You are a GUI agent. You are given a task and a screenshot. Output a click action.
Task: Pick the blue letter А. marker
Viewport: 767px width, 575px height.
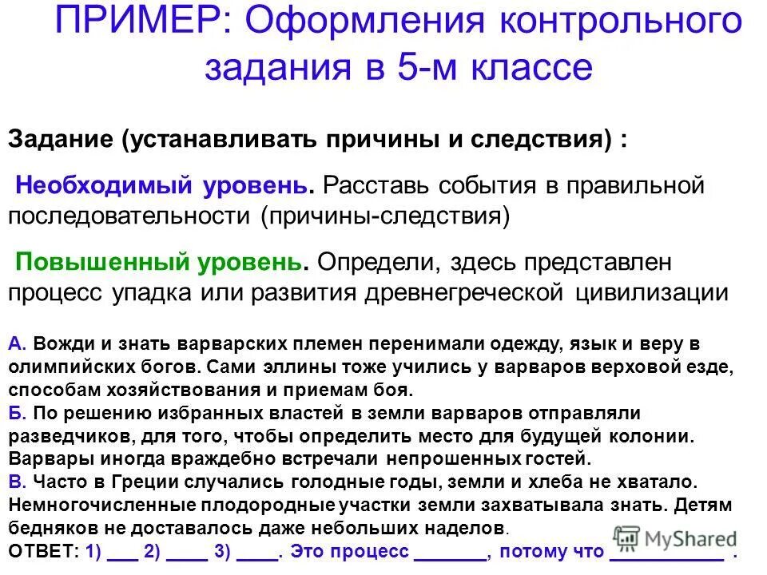(x=18, y=343)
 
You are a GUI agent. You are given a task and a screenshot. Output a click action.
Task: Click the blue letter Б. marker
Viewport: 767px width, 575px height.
(x=18, y=413)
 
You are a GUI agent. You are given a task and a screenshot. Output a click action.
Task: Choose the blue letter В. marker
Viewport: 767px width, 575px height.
(x=18, y=482)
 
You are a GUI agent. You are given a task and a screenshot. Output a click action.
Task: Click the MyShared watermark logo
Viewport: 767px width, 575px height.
(x=675, y=540)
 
